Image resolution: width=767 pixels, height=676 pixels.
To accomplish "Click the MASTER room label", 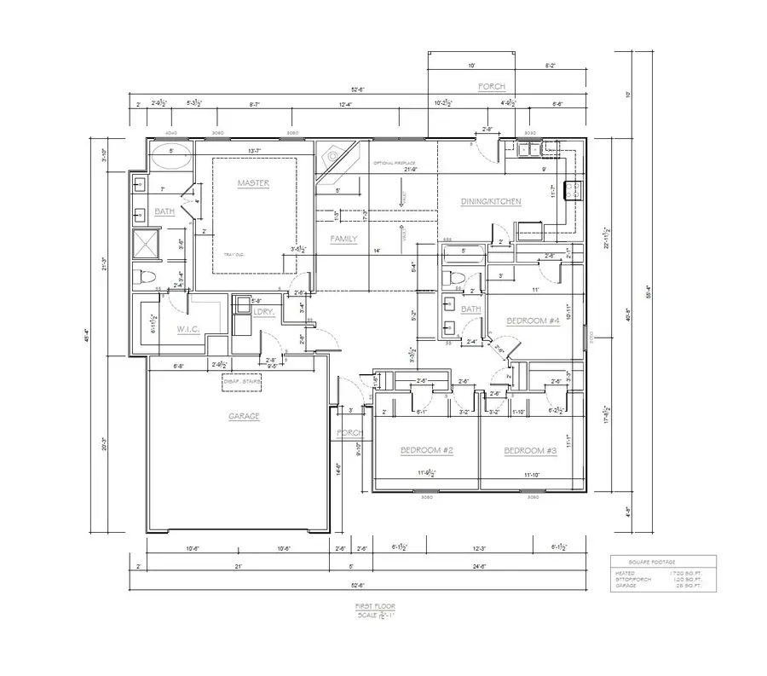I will [x=253, y=183].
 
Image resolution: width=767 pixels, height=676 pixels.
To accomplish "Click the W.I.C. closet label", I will [x=187, y=328].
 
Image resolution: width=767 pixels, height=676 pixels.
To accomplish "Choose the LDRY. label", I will [x=263, y=313].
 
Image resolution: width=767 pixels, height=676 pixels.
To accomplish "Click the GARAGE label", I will [x=243, y=416].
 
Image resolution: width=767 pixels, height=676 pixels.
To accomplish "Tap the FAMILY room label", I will [x=343, y=240].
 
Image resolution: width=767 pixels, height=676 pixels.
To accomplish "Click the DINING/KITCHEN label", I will [x=490, y=202].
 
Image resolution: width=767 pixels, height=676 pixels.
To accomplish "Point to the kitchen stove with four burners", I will [x=573, y=189].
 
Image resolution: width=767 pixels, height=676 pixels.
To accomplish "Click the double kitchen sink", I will [x=529, y=150].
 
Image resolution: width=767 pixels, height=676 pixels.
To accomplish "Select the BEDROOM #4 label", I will [x=531, y=321].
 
